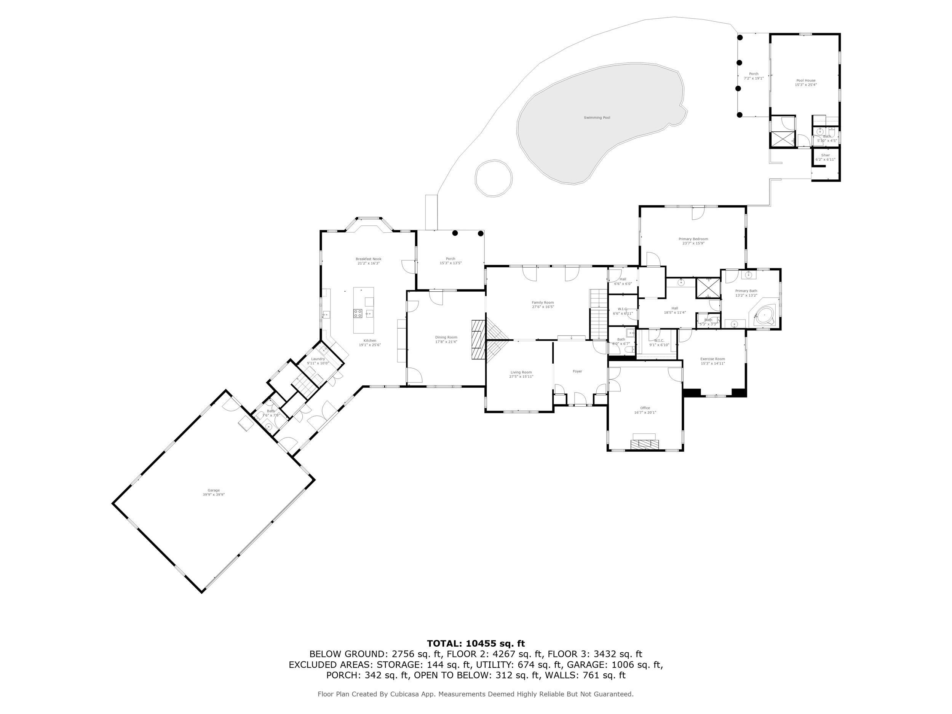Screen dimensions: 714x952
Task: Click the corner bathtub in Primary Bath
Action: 764,316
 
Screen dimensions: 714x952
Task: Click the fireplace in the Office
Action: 644,444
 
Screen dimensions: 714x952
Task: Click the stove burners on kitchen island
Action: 358,313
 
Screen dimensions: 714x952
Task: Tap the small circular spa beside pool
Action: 494,178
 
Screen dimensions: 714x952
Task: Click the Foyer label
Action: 577,371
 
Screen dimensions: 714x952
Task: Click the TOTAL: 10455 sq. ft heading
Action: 476,644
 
